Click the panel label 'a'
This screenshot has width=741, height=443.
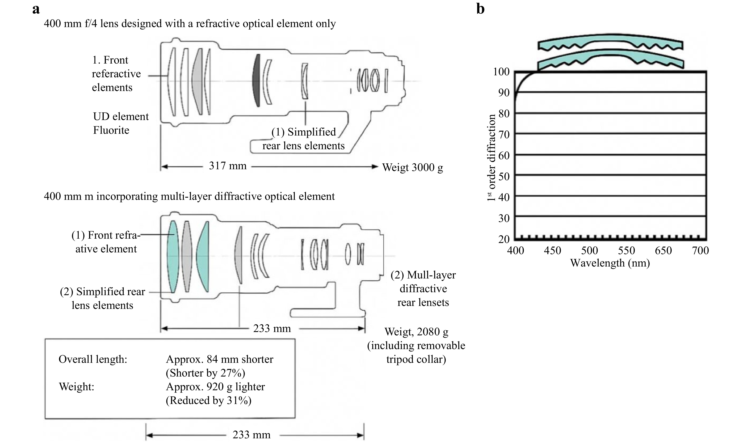tap(36, 9)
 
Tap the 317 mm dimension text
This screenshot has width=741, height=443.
tap(228, 166)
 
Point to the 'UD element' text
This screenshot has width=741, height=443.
tap(121, 116)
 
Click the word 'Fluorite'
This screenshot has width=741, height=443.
tap(111, 130)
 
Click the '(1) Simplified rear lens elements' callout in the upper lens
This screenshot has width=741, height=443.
tap(303, 139)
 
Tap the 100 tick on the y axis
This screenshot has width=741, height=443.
tap(501, 72)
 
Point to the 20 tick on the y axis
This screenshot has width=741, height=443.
tap(504, 239)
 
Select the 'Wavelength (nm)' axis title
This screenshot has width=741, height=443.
tap(610, 263)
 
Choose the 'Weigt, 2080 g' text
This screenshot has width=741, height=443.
tap(416, 332)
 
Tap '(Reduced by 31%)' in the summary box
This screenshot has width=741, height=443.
tap(209, 400)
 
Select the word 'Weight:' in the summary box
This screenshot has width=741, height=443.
tap(76, 387)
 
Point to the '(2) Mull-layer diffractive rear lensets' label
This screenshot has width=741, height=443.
tap(423, 289)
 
